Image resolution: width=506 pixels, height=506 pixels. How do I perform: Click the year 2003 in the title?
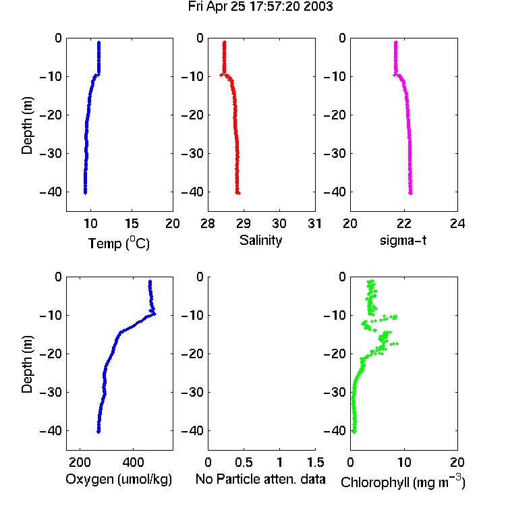pyautogui.click(x=318, y=7)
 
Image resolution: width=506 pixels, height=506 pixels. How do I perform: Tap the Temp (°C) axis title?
pyautogui.click(x=119, y=243)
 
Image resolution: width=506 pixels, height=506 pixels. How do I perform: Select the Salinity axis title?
pyautogui.click(x=260, y=240)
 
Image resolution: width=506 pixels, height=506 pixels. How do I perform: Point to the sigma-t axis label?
pyautogui.click(x=403, y=240)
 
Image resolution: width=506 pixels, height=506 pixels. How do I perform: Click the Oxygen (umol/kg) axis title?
pyautogui.click(x=119, y=479)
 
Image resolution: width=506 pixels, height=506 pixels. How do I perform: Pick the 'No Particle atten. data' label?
pyautogui.click(x=260, y=479)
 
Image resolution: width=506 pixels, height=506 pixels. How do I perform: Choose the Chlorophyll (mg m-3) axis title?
pyautogui.click(x=403, y=482)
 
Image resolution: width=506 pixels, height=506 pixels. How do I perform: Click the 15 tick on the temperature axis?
pyautogui.click(x=132, y=223)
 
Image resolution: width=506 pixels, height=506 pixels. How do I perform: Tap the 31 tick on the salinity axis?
pyautogui.click(x=315, y=223)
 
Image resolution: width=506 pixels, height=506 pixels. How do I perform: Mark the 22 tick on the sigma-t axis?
pyautogui.click(x=403, y=223)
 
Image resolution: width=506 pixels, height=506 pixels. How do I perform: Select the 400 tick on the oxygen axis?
pyautogui.click(x=133, y=462)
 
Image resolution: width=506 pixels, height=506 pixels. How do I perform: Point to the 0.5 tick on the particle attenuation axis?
pyautogui.click(x=244, y=462)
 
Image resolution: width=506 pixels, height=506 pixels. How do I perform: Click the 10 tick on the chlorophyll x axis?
pyautogui.click(x=404, y=462)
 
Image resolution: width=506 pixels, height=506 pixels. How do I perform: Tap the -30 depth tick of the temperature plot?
pyautogui.click(x=51, y=153)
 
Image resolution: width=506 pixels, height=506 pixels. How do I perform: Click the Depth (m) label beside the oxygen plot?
pyautogui.click(x=27, y=364)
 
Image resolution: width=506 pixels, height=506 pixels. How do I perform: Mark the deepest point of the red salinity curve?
pyautogui.click(x=238, y=193)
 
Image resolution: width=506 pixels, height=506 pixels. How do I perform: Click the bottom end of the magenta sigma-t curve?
pyautogui.click(x=410, y=193)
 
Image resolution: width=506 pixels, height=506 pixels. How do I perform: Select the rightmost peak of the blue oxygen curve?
pyautogui.click(x=154, y=313)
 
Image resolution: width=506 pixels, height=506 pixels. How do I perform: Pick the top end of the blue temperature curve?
pyautogui.click(x=99, y=43)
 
